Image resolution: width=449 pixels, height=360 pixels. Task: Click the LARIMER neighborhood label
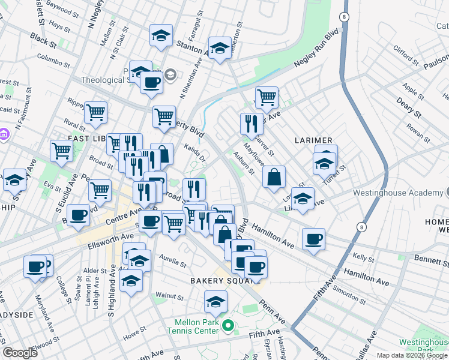[x=309, y=140]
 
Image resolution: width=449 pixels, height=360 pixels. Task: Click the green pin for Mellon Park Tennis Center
[x=228, y=326]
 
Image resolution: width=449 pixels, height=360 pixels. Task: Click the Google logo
[x=20, y=353]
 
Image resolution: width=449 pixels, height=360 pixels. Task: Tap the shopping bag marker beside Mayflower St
[x=274, y=177]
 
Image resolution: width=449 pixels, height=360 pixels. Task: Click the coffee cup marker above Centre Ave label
[x=77, y=215]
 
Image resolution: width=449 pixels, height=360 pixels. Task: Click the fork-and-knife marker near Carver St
[x=251, y=123]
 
